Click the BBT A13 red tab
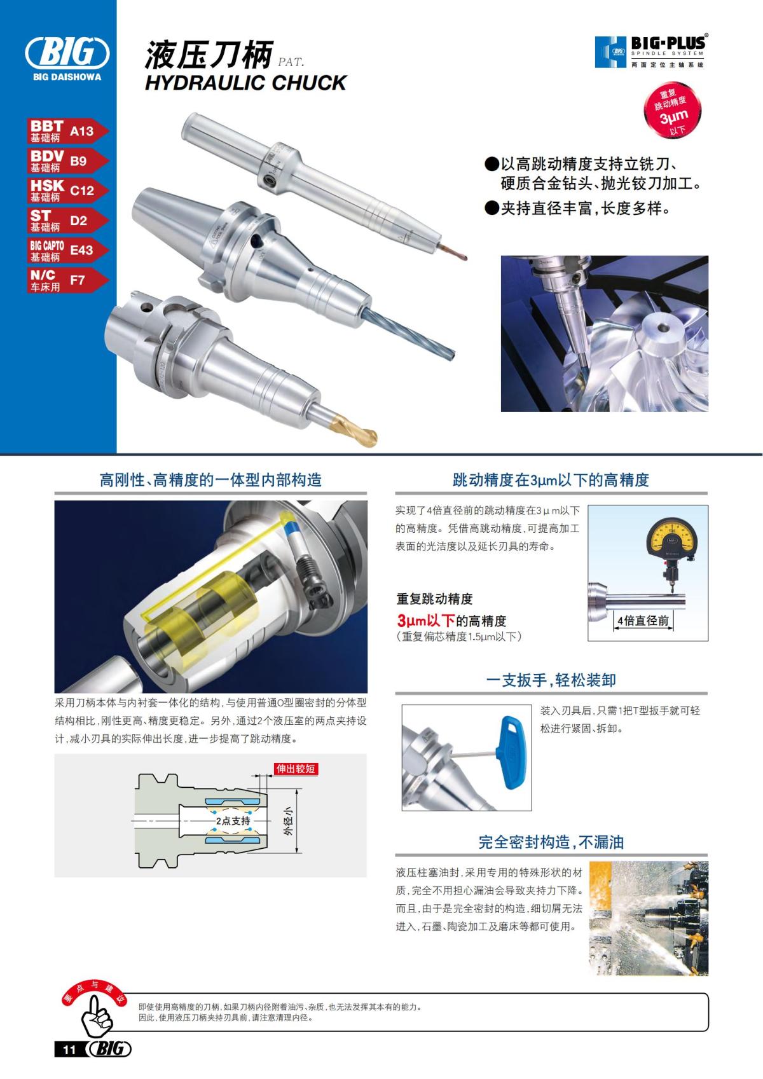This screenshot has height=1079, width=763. pos(67,131)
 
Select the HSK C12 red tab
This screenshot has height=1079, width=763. pos(67,190)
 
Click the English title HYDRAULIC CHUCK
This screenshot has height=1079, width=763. pos(245,83)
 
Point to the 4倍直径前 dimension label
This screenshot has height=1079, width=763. pos(643,621)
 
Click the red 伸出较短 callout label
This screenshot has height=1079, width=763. pos(295,769)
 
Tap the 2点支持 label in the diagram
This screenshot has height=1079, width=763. pos(233,821)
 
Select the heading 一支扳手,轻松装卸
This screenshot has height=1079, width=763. pos(551,680)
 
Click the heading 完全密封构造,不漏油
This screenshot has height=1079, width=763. pos(551,842)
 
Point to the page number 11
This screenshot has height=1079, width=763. pos(69,1050)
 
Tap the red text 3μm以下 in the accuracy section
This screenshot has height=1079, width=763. pos(425,621)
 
